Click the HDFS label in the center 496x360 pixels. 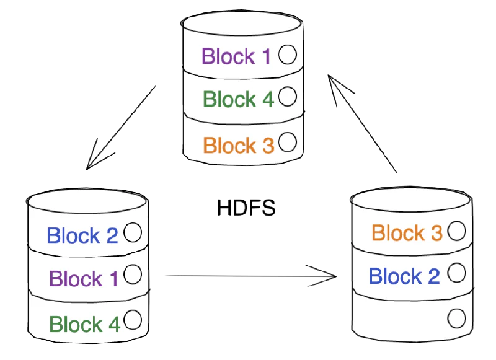[x=246, y=208]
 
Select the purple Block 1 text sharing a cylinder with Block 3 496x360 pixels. [x=236, y=56]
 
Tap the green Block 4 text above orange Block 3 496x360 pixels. [x=238, y=99]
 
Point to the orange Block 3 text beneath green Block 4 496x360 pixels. [x=238, y=146]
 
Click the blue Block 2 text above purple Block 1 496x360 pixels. [x=82, y=235]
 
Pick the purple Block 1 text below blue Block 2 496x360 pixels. [x=84, y=279]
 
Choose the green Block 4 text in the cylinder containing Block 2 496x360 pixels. [x=84, y=324]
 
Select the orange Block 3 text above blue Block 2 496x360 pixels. [x=407, y=233]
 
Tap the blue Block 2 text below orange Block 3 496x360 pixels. [x=404, y=276]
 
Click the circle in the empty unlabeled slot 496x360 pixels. [x=456, y=318]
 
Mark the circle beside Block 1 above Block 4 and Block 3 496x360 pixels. [x=287, y=55]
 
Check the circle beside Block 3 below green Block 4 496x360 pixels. [x=288, y=143]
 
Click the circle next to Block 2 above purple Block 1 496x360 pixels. [x=133, y=233]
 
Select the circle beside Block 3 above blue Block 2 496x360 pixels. [x=456, y=230]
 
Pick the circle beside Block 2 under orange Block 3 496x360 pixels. [x=456, y=272]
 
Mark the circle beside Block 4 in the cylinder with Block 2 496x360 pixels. [x=133, y=320]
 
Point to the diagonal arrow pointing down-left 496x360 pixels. [x=121, y=128]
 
